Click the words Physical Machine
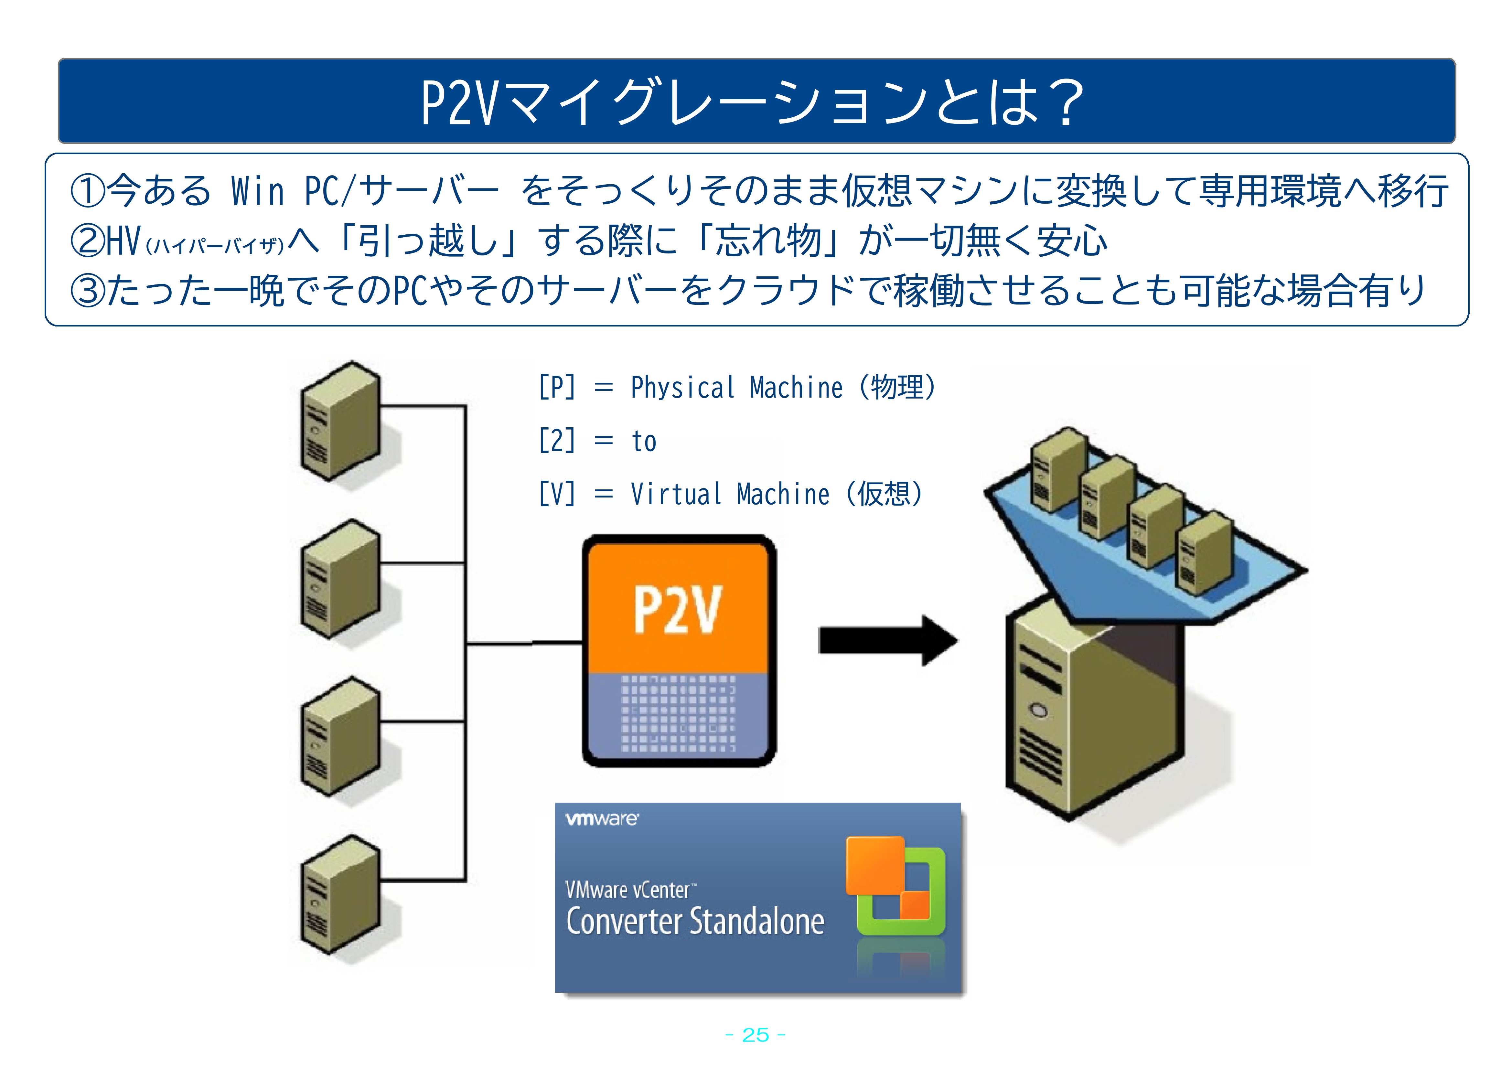coord(736,388)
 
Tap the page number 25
coord(755,1035)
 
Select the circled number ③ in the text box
coord(88,291)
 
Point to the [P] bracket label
coord(556,388)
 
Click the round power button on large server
coord(1039,711)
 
